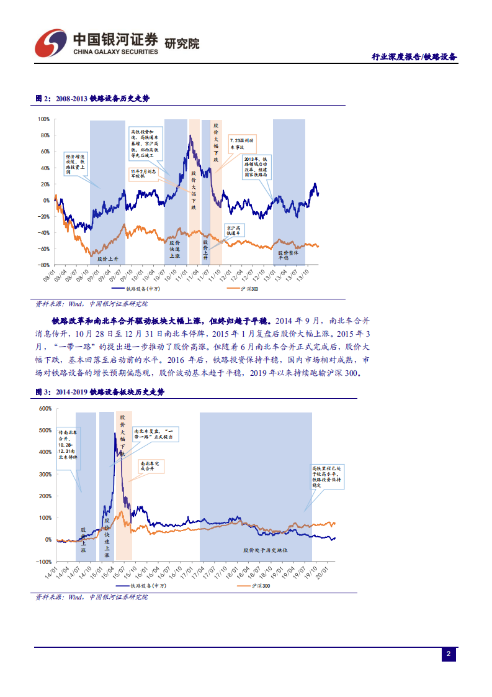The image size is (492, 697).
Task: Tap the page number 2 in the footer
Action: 449,654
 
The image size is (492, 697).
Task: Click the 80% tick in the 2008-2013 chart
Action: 45,135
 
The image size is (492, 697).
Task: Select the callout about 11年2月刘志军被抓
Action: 146,173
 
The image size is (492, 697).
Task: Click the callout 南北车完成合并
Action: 152,467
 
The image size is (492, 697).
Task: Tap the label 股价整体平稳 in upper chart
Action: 288,255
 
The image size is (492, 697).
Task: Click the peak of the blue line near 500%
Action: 115,433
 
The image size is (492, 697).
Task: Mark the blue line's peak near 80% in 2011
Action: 190,135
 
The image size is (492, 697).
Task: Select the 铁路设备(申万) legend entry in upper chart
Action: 135,289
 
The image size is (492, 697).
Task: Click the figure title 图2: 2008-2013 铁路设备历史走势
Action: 92,98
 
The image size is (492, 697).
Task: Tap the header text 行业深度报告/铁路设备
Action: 414,57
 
